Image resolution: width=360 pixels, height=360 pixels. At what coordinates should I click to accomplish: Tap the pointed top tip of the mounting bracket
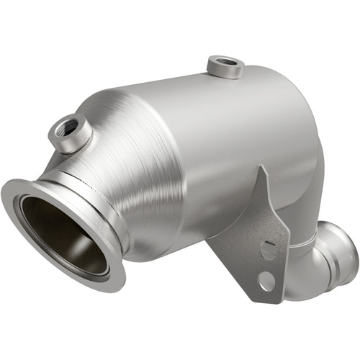pyautogui.click(x=261, y=170)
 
